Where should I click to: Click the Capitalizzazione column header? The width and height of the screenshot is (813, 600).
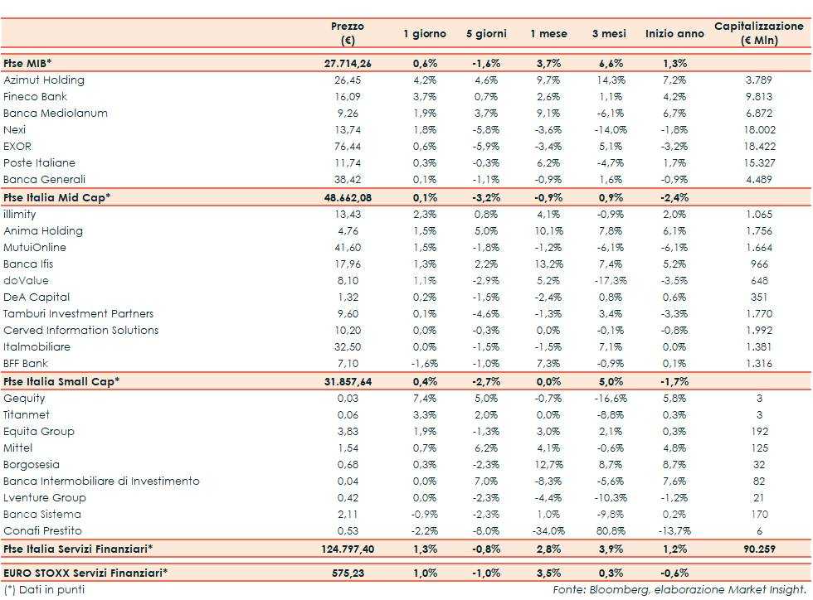758,33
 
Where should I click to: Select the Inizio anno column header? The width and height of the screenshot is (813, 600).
674,34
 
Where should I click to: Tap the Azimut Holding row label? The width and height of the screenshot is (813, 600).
44,80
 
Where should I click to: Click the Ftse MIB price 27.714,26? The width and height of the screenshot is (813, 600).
348,63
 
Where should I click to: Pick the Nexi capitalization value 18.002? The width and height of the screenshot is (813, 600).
758,130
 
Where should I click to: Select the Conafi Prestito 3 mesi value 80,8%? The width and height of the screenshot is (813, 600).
611,531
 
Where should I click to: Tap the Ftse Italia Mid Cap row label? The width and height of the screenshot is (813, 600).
56,197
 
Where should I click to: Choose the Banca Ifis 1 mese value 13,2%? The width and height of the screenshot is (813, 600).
548,264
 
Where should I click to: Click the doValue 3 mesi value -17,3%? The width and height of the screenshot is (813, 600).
610,281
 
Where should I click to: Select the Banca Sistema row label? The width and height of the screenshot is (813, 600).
41,515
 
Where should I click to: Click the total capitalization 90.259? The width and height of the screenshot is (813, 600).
758,549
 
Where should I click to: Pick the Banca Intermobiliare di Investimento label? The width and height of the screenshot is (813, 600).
101,481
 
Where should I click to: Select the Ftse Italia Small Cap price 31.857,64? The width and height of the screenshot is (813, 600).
348,381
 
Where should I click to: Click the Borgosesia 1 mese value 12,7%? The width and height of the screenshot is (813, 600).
548,465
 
